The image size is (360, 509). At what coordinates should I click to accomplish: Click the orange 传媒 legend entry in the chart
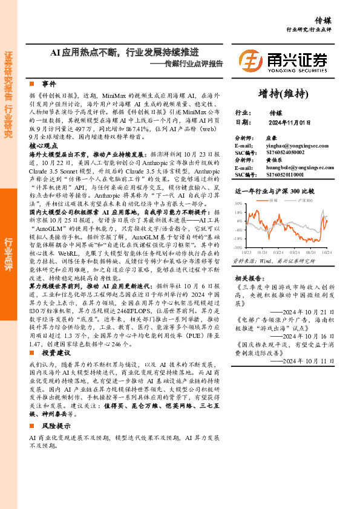276,199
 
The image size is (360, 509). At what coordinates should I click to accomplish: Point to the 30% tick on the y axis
238,204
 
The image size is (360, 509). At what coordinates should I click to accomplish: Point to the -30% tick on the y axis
238,247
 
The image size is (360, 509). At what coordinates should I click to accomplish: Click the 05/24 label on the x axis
295,252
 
